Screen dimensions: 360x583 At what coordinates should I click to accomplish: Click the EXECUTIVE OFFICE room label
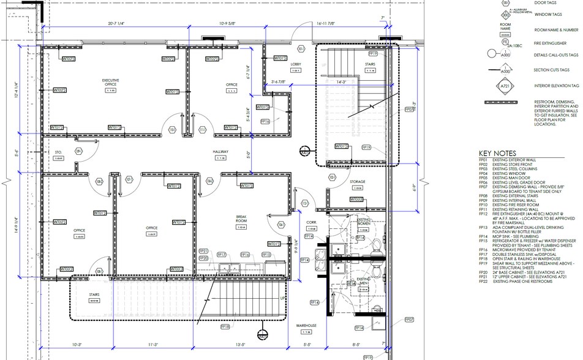(x=110, y=83)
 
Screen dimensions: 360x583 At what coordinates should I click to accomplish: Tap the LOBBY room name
(x=295, y=64)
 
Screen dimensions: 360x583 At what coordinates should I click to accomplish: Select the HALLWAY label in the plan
(x=220, y=151)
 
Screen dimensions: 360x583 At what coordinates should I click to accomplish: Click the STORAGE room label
(x=358, y=182)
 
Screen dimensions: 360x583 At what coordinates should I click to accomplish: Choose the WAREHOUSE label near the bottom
(x=306, y=325)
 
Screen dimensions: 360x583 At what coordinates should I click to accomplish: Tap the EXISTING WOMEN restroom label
(x=364, y=220)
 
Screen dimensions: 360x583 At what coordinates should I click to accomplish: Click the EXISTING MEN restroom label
(x=364, y=281)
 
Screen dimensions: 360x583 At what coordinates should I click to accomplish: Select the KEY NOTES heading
(x=497, y=153)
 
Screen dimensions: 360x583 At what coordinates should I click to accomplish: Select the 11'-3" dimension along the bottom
(x=152, y=345)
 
